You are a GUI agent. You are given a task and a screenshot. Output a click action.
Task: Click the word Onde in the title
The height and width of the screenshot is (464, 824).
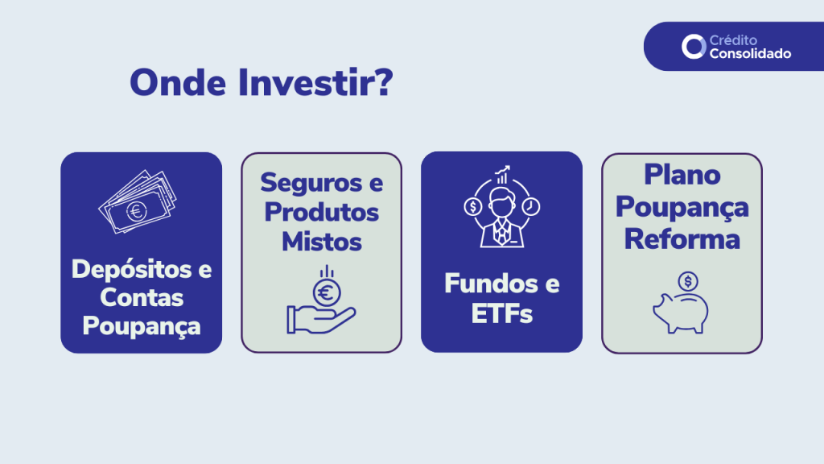coord(178,83)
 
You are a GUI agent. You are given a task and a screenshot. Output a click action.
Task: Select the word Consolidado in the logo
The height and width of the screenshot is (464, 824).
coord(750,54)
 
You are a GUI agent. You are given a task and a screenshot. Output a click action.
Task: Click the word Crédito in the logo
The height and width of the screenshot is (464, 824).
coord(733,40)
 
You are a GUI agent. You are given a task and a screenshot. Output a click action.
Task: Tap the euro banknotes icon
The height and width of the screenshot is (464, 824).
coord(138,201)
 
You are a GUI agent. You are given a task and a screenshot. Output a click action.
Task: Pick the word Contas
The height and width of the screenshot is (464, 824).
coord(142,298)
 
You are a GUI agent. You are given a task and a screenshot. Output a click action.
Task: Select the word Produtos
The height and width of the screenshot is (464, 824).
coord(322,213)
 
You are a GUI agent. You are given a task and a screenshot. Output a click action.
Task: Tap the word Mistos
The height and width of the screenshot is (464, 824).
coord(322,242)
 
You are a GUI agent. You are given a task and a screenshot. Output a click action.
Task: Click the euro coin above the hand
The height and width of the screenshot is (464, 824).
coord(327,292)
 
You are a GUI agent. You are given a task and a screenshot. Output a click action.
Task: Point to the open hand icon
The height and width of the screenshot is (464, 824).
coord(320,319)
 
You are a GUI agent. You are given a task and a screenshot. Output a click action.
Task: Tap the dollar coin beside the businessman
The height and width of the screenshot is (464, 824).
coord(473,207)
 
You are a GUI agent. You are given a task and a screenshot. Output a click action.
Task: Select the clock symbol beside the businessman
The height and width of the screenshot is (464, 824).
coord(531,207)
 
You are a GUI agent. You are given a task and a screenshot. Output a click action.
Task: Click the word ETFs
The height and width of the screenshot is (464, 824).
coord(502,314)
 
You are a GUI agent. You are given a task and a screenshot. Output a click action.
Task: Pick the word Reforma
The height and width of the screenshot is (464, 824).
coord(682,239)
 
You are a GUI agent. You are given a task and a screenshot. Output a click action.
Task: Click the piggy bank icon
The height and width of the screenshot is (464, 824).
coord(681,313)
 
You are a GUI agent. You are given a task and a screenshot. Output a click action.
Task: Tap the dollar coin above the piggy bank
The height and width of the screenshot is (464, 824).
coord(688,281)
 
